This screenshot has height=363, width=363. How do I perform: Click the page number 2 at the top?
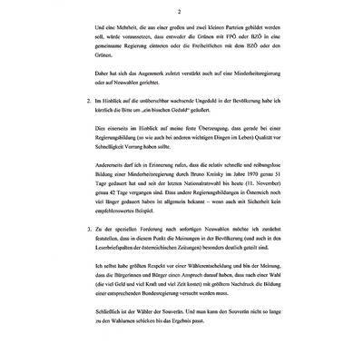point(181,12)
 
